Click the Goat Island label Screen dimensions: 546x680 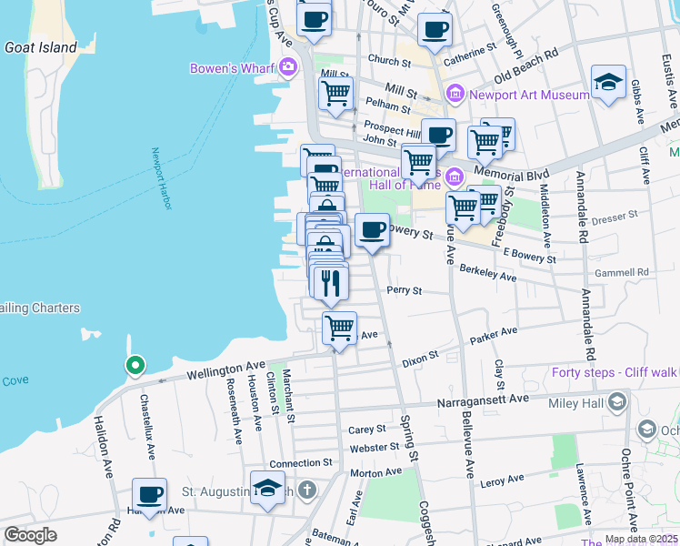pyautogui.click(x=40, y=47)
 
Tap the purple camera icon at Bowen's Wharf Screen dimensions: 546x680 pyautogui.click(x=289, y=66)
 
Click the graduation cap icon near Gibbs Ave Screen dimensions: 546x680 pyautogui.click(x=608, y=82)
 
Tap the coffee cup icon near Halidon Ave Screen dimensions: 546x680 pyautogui.click(x=150, y=495)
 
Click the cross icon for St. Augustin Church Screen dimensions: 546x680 pyautogui.click(x=308, y=491)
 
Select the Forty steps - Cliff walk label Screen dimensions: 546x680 pyautogui.click(x=615, y=371)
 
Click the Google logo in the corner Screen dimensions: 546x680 pyautogui.click(x=30, y=534)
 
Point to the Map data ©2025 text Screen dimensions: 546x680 pyautogui.click(x=641, y=539)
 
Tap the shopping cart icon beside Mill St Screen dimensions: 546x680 pyautogui.click(x=335, y=92)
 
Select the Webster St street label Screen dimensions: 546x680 pyautogui.click(x=375, y=447)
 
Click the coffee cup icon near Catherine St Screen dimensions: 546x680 pyautogui.click(x=435, y=29)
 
